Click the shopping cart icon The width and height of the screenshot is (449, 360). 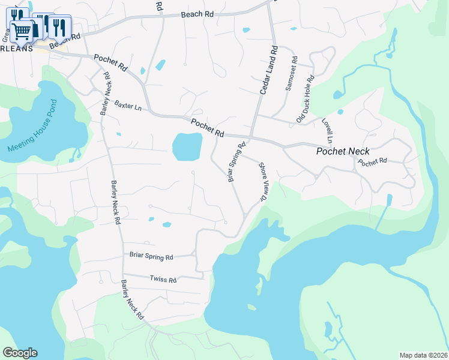tap(21, 31)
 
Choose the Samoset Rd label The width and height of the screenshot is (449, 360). tap(292, 74)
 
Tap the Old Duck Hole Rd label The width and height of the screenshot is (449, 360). tap(306, 100)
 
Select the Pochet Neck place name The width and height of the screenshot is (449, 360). tap(343, 151)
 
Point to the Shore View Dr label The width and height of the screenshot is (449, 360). tap(262, 181)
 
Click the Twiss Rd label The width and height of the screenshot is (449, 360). tap(163, 280)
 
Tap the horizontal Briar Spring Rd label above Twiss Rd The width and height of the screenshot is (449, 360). tap(151, 256)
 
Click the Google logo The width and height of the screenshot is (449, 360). tap(20, 353)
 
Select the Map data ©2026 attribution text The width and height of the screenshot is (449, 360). tap(423, 355)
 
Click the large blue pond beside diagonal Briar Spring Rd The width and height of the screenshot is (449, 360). tap(187, 146)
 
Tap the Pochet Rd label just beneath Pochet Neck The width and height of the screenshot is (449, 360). tap(372, 162)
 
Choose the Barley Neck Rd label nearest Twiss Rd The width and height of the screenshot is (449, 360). tap(132, 299)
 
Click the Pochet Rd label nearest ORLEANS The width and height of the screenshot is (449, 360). tap(110, 64)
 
